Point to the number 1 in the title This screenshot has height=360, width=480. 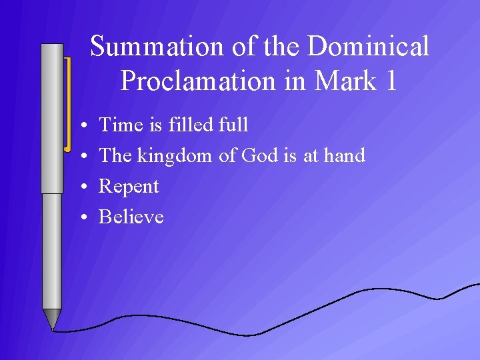point(391,81)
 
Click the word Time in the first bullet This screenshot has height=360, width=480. point(119,125)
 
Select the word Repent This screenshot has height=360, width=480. point(129,187)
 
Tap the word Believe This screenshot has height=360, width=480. point(131,217)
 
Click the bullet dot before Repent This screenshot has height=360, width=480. point(79,187)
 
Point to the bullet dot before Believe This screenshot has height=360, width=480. point(79,218)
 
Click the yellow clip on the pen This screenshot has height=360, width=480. point(67,103)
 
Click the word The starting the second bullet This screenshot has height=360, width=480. point(115,155)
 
